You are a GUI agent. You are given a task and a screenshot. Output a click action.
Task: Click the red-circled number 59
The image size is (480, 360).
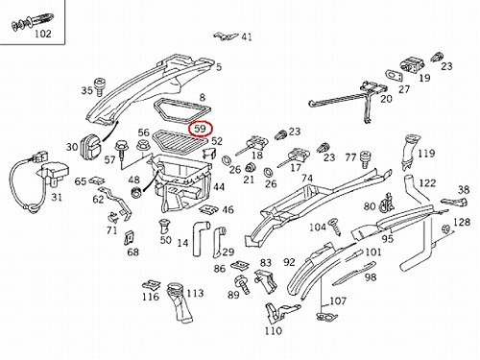pos(201,129)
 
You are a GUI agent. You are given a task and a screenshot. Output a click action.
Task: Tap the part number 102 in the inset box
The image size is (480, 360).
pos(43,34)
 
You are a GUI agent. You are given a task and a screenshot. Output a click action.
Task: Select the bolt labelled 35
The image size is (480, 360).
pos(99,86)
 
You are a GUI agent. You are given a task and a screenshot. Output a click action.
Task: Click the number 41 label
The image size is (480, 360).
pos(247,37)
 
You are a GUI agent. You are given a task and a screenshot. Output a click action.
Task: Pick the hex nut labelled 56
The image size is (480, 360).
pos(142,146)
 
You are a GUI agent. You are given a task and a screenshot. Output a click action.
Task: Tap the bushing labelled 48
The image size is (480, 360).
pos(137,192)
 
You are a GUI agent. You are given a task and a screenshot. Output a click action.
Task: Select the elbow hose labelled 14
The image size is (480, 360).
pos(200,237)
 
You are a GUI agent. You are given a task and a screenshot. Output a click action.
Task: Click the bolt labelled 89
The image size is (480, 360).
pos(242,284)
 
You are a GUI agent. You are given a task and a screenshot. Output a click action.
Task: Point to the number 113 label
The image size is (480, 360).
pos(195,293)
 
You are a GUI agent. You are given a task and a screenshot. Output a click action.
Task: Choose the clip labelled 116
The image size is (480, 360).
pos(152,284)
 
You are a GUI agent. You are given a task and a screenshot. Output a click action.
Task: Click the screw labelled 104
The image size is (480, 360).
pos(335,226)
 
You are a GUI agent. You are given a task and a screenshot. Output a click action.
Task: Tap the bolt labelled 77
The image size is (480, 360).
pos(365,158)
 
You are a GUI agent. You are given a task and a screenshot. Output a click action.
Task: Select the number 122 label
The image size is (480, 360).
pos(427,183)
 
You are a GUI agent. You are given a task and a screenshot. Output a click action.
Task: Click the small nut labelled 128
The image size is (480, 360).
pos(444,229)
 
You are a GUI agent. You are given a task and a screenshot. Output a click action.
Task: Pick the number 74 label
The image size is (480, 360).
pos(307,178)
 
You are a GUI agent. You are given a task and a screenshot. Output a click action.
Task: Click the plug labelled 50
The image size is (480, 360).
pos(165,227)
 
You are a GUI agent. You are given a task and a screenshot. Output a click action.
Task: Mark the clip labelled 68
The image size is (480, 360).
pos(130,237)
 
